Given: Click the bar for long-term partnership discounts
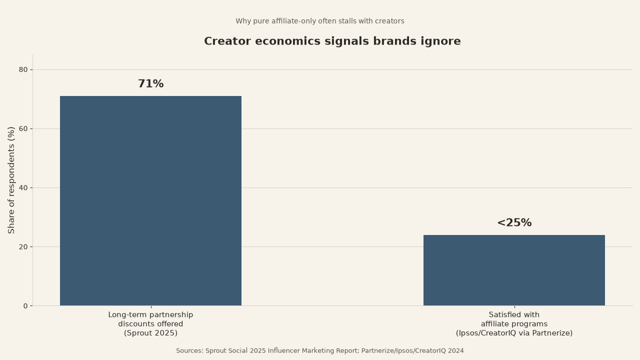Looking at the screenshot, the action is tap(150, 201).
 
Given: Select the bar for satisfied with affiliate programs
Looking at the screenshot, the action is tap(514, 270).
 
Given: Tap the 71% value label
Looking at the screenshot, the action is tap(151, 83).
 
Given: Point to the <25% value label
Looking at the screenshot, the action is tap(514, 222).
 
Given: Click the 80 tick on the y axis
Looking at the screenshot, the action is tap(23, 69).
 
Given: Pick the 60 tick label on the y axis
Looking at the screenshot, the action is tap(23, 129).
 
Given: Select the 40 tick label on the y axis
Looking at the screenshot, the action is tap(23, 187).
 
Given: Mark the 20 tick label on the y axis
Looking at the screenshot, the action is tap(23, 247).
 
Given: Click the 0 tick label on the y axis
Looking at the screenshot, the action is tap(25, 306).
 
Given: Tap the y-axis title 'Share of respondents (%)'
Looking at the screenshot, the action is tap(11, 180).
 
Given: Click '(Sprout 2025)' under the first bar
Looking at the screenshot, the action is tap(150, 333).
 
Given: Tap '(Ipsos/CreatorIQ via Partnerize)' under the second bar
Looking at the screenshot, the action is tap(514, 333).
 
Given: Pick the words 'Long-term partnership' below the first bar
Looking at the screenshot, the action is tap(150, 315).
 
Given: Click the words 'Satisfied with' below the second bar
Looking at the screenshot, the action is tap(514, 315).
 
